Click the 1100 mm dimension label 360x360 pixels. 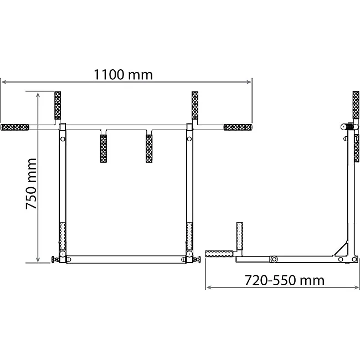[x=124, y=74]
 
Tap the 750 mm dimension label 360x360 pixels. [x=31, y=184]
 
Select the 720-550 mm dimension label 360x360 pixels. [x=284, y=280]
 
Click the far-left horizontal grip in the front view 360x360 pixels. [x=15, y=127]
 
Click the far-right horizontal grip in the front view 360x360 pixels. [x=238, y=127]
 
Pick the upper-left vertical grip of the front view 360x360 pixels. [x=58, y=105]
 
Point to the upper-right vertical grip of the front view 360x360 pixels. [x=195, y=105]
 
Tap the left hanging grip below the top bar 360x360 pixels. [x=104, y=148]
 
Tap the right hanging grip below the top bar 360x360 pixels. [x=149, y=148]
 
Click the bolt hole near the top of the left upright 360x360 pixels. [x=63, y=139]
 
